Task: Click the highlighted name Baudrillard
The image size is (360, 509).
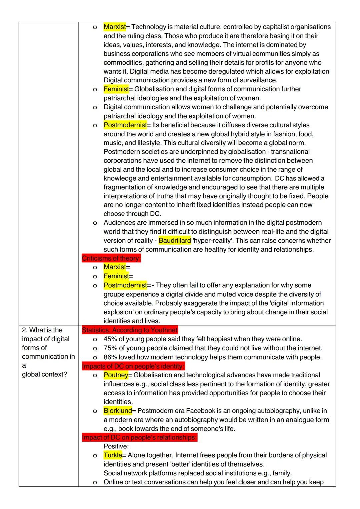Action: (175, 241)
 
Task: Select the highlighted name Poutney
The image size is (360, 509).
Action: (116, 375)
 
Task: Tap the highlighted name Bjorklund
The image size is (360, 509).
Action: (118, 411)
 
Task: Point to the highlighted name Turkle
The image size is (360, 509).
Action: (113, 455)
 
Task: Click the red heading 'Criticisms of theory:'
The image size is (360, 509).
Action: (111, 258)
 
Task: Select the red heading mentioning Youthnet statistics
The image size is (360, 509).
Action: (130, 330)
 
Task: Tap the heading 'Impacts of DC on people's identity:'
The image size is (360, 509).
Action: (133, 366)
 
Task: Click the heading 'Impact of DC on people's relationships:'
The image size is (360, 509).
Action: (139, 437)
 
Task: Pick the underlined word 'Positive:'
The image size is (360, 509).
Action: (116, 446)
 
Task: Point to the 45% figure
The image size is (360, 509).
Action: (110, 339)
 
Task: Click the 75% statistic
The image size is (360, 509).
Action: (110, 348)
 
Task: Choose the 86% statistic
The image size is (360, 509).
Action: (110, 357)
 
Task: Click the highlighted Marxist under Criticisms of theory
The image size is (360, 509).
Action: (115, 267)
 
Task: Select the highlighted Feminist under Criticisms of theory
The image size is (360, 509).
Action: (116, 276)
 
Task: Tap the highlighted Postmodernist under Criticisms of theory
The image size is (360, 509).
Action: (125, 285)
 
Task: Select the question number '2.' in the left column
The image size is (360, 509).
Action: (25, 330)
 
